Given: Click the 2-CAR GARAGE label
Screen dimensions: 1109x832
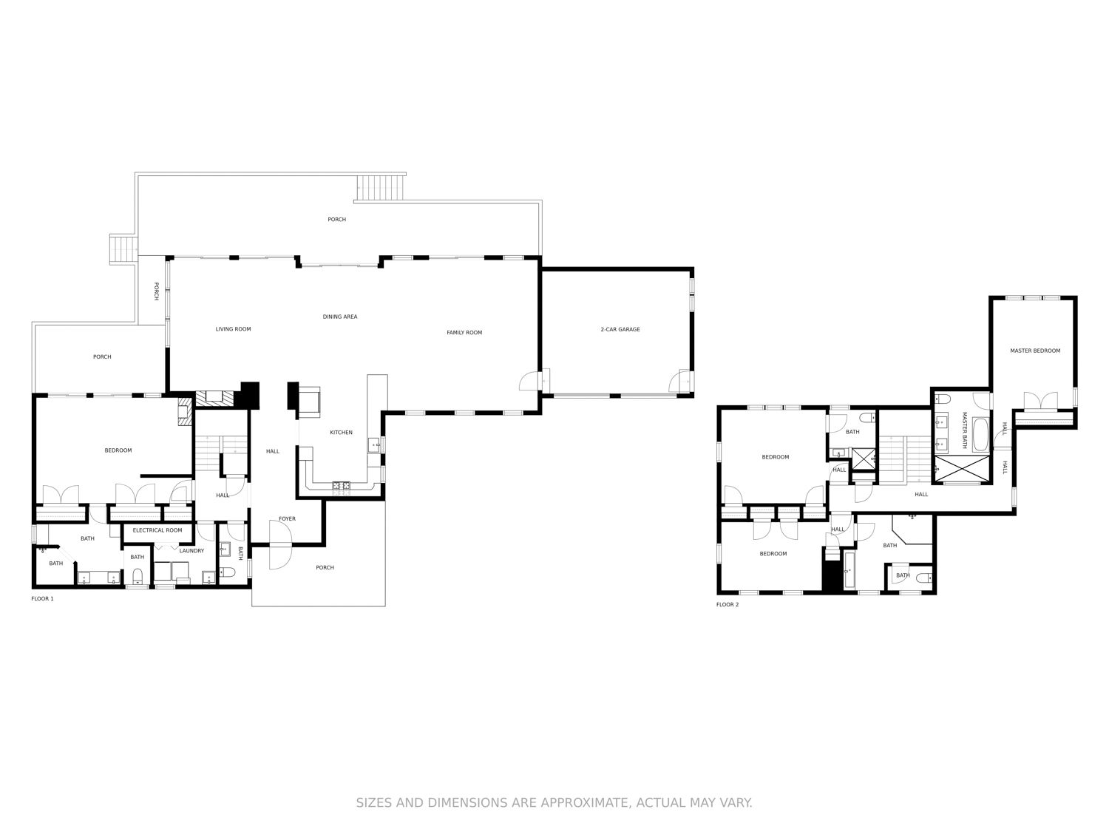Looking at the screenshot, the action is (620, 329).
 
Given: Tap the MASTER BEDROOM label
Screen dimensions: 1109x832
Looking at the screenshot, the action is (1035, 351).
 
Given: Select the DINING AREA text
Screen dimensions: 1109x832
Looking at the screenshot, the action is (340, 317).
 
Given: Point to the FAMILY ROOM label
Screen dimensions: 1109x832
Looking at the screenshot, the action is (464, 332).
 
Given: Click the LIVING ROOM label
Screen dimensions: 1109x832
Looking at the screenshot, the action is (234, 329).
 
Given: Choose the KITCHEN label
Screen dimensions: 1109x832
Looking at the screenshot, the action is (341, 433).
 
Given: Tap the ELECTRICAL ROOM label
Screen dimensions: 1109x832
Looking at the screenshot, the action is (157, 530).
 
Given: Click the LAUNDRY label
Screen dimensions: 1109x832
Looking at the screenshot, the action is (191, 551).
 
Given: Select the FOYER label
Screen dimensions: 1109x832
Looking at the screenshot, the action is (287, 519).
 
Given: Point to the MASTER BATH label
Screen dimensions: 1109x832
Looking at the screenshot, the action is (964, 430).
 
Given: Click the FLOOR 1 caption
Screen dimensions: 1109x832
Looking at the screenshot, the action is (42, 598).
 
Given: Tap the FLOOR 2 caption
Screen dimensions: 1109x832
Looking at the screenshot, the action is (727, 605).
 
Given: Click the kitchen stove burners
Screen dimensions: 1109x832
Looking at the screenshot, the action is (341, 486).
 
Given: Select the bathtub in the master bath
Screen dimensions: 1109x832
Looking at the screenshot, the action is (980, 434).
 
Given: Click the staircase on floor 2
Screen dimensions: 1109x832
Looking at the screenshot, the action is (906, 459).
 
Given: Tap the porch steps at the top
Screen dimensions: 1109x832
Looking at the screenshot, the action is (381, 187).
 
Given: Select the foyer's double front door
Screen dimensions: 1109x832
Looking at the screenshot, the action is (280, 546).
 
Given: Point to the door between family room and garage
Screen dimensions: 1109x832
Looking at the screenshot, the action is (530, 382).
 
